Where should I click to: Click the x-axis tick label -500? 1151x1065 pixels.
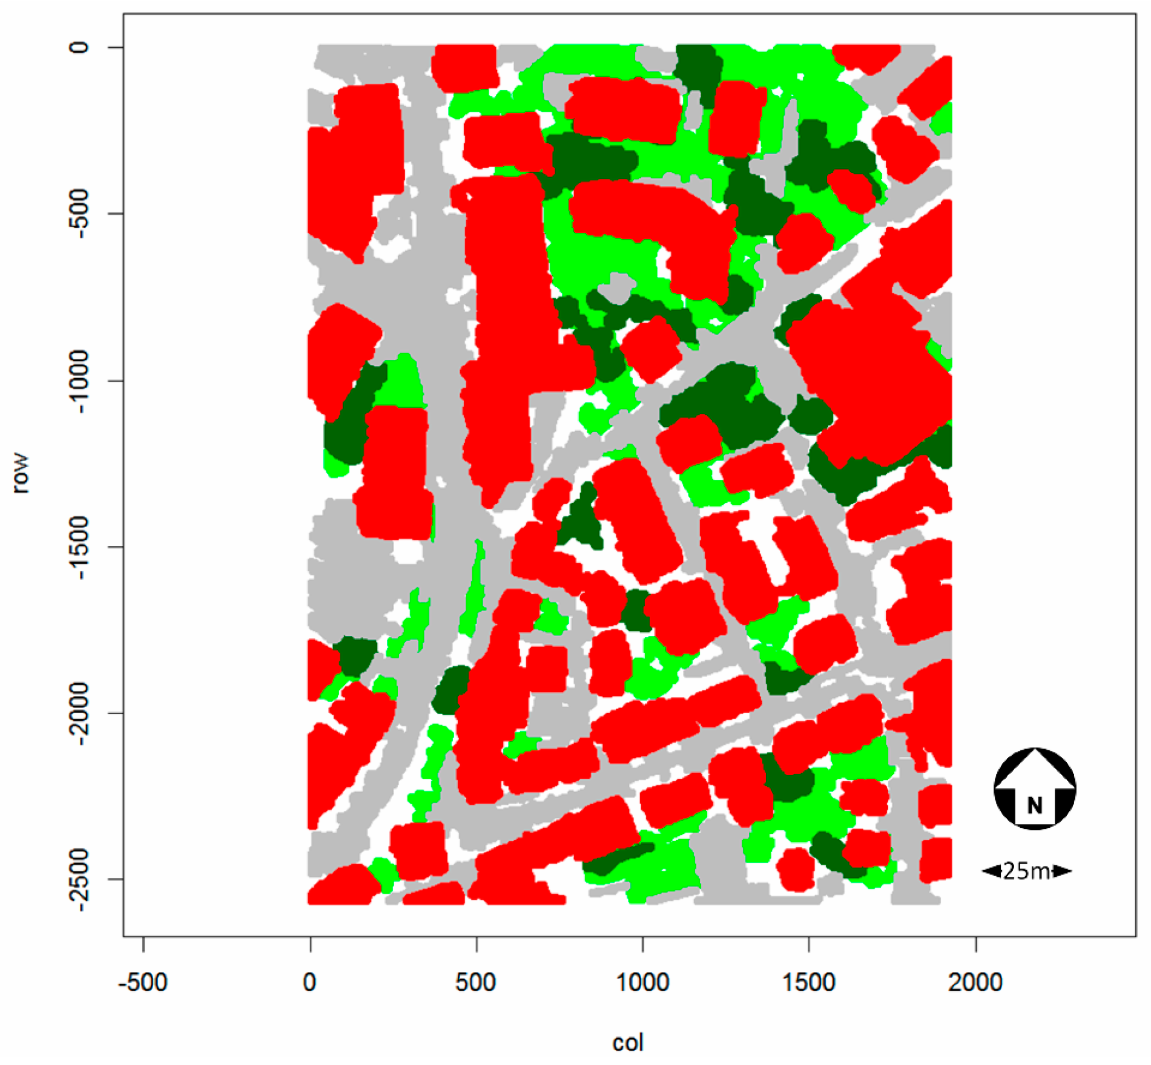[143, 981]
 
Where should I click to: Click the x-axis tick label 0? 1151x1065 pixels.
[309, 981]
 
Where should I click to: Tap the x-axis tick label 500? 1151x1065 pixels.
[476, 981]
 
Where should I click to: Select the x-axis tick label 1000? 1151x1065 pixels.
[642, 981]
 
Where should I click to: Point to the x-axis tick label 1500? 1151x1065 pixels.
[809, 981]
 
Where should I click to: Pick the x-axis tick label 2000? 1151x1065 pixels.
[975, 981]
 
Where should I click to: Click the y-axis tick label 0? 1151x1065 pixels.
[79, 47]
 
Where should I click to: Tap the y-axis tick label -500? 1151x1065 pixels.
[79, 213]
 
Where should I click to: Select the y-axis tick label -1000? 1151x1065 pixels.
[79, 380]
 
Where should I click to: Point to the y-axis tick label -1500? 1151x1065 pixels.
[79, 546]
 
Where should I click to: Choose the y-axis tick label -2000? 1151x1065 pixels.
[79, 713]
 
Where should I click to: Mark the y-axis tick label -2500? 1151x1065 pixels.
[79, 879]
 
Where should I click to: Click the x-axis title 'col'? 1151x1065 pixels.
[628, 1043]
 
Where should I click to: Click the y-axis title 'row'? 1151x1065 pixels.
[21, 473]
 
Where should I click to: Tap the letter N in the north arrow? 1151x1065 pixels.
[1035, 805]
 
